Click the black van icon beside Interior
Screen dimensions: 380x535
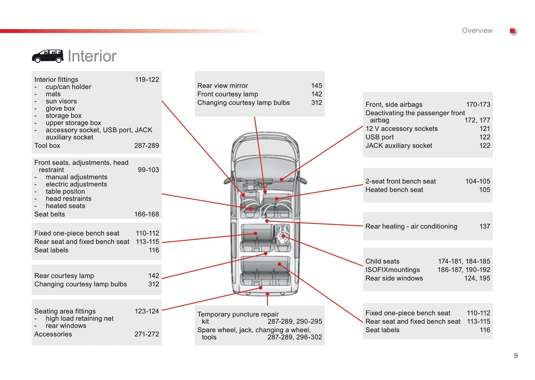pyautogui.click(x=47, y=56)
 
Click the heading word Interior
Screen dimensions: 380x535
pyautogui.click(x=92, y=56)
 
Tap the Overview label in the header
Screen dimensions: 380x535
pyautogui.click(x=477, y=31)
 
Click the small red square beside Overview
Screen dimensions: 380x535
pyautogui.click(x=512, y=31)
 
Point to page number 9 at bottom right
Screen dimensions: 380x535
pyautogui.click(x=515, y=356)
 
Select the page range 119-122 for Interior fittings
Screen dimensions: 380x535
pyautogui.click(x=147, y=80)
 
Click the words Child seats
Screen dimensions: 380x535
pyautogui.click(x=382, y=261)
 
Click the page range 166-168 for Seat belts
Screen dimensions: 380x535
pyautogui.click(x=147, y=214)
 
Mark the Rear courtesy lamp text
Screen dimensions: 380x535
pyautogui.click(x=64, y=276)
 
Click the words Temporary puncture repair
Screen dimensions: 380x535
pyautogui.click(x=238, y=314)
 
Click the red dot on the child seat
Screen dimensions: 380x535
pyautogui.click(x=283, y=236)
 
